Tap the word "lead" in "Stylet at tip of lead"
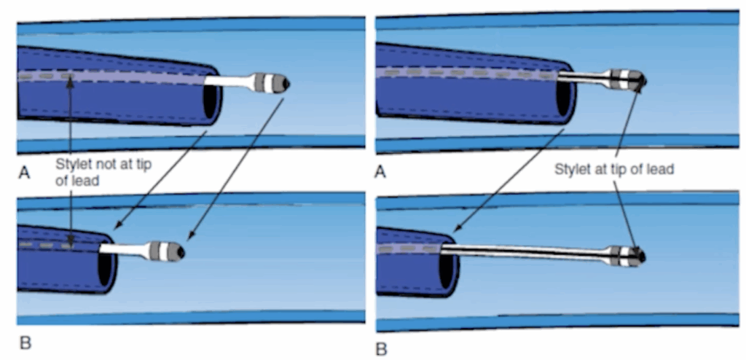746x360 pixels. (x=660, y=170)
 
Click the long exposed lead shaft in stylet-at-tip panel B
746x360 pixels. (x=525, y=251)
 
